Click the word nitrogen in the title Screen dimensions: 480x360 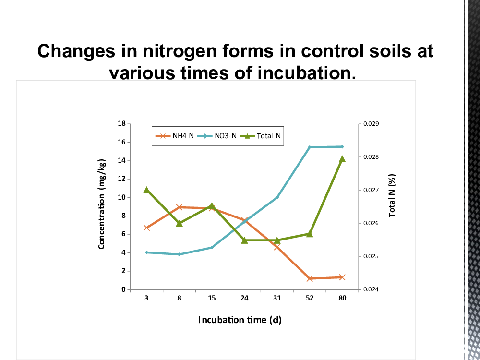point(180,51)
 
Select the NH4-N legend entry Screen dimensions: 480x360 point(175,136)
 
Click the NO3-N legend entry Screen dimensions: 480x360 point(217,136)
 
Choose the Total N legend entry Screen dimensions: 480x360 point(260,136)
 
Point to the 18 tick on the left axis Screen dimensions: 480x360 point(121,124)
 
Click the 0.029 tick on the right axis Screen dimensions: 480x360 point(371,124)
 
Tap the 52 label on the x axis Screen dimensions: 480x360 point(310,298)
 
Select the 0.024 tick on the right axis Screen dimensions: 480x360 point(371,289)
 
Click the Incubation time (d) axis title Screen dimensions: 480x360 point(240,320)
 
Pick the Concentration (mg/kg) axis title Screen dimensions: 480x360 point(102,204)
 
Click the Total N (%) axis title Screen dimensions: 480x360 point(392,196)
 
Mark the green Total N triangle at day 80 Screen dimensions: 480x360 point(342,159)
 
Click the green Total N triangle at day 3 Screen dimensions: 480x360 point(146,190)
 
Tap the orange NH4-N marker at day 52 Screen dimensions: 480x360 point(310,278)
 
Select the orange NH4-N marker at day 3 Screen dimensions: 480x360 point(146,228)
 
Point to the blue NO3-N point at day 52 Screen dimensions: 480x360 point(310,147)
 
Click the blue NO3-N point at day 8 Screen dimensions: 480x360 point(179,254)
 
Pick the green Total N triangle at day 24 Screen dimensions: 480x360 point(244,240)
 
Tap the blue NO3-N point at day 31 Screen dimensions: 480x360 point(277,197)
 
